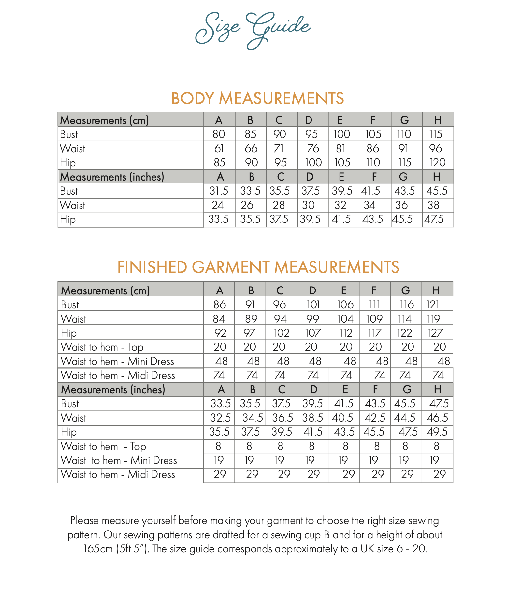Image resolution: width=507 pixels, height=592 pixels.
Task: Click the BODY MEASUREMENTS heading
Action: tap(257, 98)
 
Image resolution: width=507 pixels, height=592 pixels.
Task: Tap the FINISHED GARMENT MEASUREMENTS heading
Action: tap(258, 267)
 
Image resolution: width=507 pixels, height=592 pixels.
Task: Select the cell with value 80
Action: tap(219, 134)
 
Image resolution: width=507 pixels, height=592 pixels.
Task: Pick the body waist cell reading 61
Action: tap(219, 148)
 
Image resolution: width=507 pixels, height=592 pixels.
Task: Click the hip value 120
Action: tap(438, 162)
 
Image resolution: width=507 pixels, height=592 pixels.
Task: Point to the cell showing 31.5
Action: tap(219, 191)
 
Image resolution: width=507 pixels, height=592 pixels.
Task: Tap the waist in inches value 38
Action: tap(433, 205)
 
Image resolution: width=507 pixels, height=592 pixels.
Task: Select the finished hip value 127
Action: tap(435, 333)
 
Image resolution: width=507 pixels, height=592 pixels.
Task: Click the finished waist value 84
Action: tap(219, 319)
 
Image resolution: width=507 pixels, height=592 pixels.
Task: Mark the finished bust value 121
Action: tap(433, 304)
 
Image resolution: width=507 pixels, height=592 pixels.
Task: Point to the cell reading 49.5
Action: tap(437, 432)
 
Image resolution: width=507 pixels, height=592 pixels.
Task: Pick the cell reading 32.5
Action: tap(221, 418)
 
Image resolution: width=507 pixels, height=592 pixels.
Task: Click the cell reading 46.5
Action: tap(437, 418)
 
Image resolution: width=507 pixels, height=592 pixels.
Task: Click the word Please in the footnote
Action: tap(84, 520)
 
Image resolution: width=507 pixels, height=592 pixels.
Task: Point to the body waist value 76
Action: tap(313, 148)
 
